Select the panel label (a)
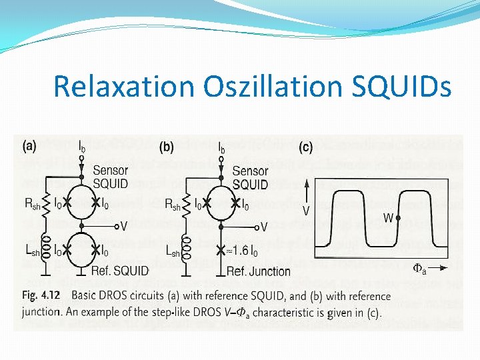pyautogui.click(x=29, y=145)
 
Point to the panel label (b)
pyautogui.click(x=167, y=145)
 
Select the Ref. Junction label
pyautogui.click(x=258, y=271)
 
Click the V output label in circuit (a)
pyautogui.click(x=123, y=226)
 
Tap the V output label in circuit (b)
pyautogui.click(x=263, y=227)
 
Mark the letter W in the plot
pyautogui.click(x=388, y=217)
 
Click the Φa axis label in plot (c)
pyautogui.click(x=421, y=269)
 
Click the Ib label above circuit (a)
pyautogui.click(x=81, y=145)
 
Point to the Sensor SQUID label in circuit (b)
pyautogui.click(x=250, y=177)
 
